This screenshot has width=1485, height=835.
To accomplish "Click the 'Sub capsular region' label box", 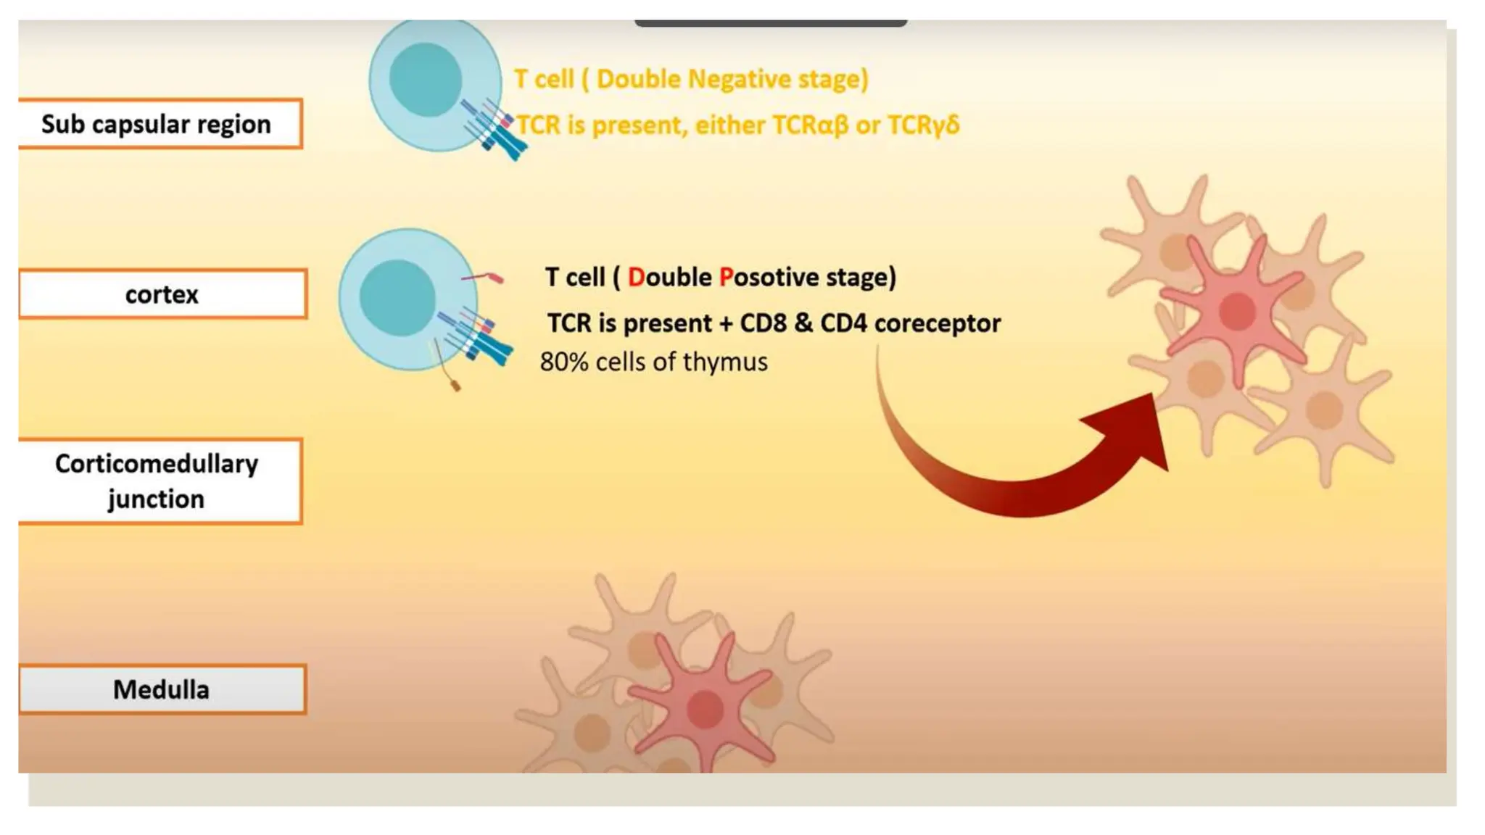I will tap(160, 124).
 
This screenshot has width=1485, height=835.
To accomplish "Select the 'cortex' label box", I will tap(162, 294).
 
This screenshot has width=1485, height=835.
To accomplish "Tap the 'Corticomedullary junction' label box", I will tap(158, 481).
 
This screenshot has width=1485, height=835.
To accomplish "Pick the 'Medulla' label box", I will tap(162, 689).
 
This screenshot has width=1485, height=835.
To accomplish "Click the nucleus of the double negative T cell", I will tap(426, 80).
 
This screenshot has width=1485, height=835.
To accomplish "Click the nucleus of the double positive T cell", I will tap(397, 297).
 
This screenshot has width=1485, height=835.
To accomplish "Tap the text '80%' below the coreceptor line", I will tap(563, 362).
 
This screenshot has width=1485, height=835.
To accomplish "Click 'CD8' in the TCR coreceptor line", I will tap(763, 323).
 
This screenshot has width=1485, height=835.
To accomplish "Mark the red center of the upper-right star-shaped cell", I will tap(1237, 311).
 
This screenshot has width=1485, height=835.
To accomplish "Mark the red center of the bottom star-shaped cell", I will tap(704, 708).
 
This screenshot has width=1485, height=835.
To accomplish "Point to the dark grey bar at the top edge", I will tap(770, 23).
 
